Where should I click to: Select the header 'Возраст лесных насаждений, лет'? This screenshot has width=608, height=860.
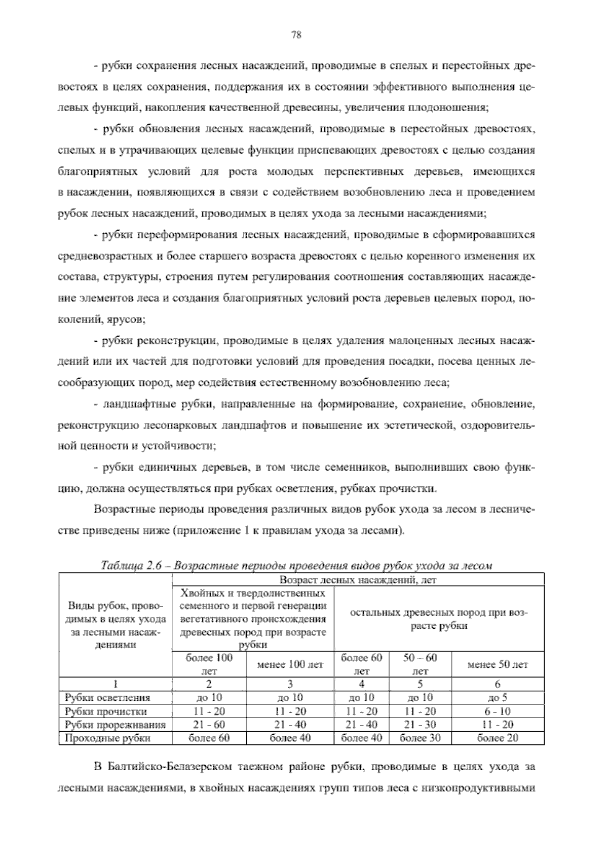(358, 580)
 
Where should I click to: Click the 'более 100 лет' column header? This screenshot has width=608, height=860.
(209, 664)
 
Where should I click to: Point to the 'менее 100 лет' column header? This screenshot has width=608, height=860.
(290, 664)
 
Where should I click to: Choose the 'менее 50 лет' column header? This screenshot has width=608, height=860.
(498, 664)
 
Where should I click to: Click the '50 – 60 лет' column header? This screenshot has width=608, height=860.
(420, 664)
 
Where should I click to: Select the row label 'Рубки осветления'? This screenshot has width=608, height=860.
(107, 698)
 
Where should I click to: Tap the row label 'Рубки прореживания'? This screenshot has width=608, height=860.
(115, 725)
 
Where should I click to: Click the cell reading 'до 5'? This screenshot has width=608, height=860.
(498, 698)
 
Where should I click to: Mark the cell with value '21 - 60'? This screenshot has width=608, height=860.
(209, 725)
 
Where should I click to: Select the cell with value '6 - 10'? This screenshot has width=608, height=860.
(498, 711)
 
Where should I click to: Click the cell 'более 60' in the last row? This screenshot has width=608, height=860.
(209, 738)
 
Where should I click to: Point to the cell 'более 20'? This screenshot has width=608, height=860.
(498, 738)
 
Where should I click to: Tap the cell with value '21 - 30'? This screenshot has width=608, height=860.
(420, 725)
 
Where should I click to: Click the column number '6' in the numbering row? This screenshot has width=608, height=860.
(498, 684)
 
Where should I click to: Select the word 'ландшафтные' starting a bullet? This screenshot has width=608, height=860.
(135, 404)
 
